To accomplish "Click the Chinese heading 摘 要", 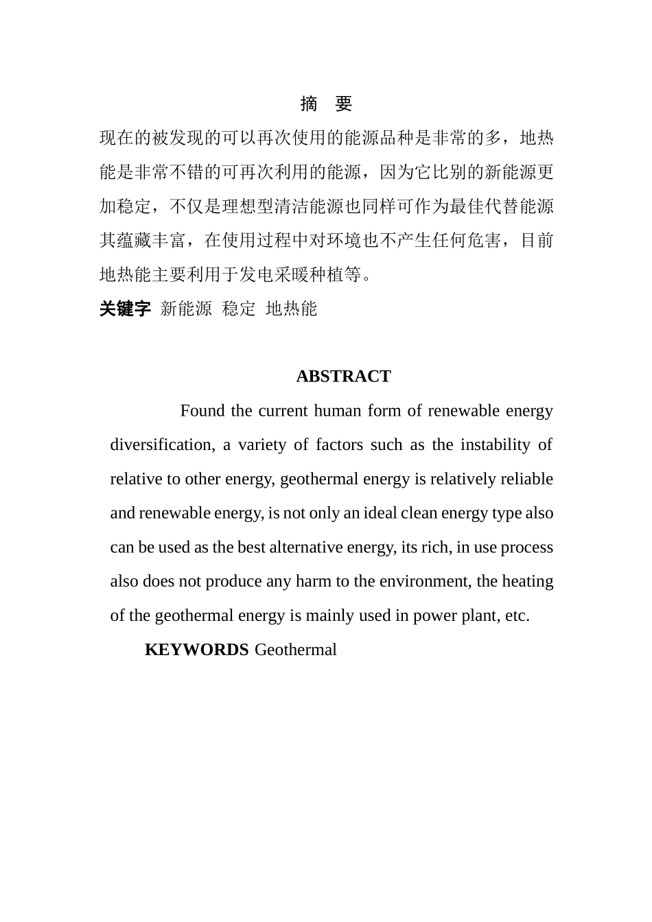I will [x=326, y=104].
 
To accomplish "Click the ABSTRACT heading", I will [x=343, y=377].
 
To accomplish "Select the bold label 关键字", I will [x=125, y=309].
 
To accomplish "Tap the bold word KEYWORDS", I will [x=196, y=650].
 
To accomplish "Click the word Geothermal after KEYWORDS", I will [x=296, y=650].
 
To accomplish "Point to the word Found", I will [x=202, y=411].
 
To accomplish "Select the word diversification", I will [x=161, y=445].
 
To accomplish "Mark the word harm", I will [x=313, y=582].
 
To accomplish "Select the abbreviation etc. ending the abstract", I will [x=517, y=616].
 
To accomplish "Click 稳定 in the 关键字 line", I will [x=239, y=309].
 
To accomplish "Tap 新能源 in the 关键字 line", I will [x=186, y=309].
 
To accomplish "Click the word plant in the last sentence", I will [x=478, y=616].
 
